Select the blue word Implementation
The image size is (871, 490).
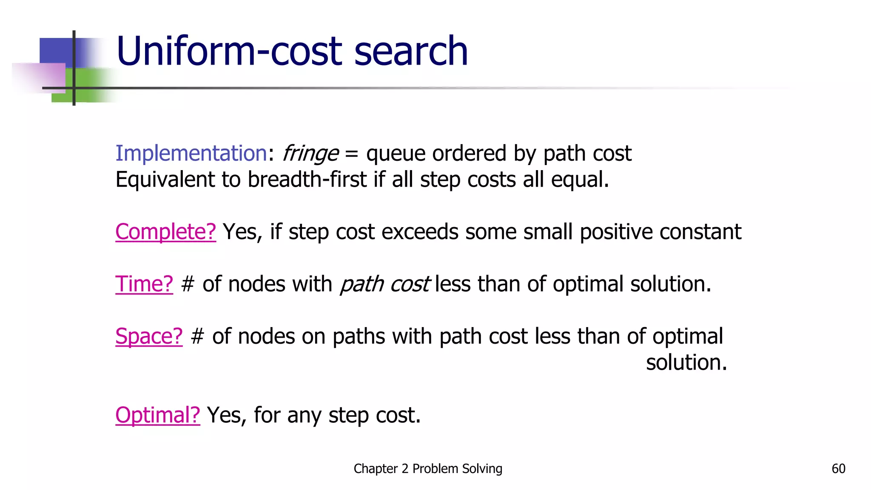click(x=191, y=153)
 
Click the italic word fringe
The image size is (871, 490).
click(x=310, y=154)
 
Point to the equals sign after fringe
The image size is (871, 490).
click(x=352, y=154)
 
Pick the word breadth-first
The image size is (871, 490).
click(x=307, y=179)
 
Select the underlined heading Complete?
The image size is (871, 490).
click(x=165, y=232)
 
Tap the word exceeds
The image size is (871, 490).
click(x=420, y=232)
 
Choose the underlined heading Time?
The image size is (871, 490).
click(x=144, y=284)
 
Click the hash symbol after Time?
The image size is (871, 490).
click(x=188, y=284)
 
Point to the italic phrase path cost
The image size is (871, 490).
click(x=385, y=284)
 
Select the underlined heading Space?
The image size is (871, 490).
click(x=149, y=336)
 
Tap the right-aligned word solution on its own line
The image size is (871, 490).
click(x=686, y=363)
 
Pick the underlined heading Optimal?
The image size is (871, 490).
click(x=157, y=415)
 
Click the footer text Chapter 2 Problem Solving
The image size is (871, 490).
click(x=428, y=469)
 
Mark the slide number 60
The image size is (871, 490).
click(x=838, y=469)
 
